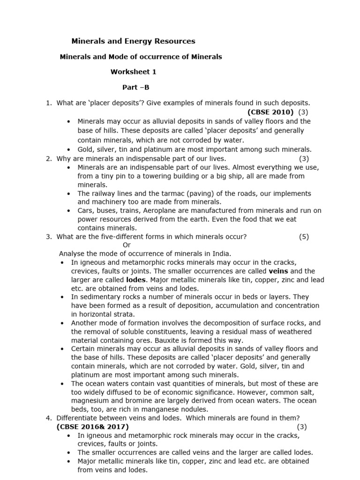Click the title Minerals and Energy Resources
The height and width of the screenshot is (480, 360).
[x=133, y=41]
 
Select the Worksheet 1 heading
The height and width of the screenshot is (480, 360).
[x=134, y=72]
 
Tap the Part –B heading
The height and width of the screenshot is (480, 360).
[x=136, y=87]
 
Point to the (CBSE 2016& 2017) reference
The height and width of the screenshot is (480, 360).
[x=93, y=427]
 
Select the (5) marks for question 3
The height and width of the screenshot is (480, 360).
[x=304, y=237]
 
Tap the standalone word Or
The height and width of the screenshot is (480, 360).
[x=127, y=245]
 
